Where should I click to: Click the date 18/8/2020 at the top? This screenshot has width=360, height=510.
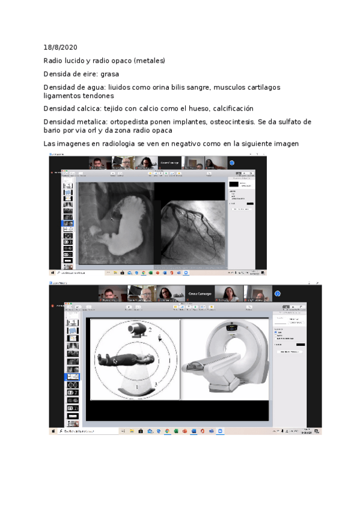(x=60, y=47)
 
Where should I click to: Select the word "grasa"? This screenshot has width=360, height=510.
(x=109, y=74)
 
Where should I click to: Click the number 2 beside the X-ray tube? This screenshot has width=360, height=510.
(x=150, y=330)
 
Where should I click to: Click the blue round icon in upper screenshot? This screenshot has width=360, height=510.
(x=231, y=162)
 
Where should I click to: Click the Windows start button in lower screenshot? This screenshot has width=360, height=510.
(x=53, y=431)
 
